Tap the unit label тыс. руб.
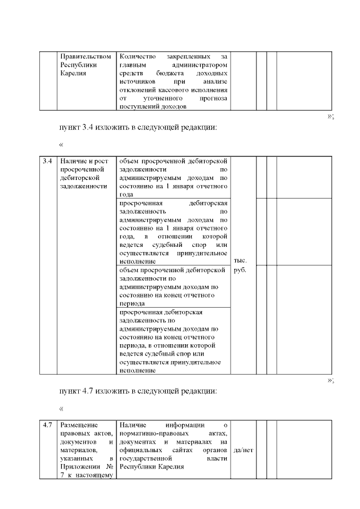click(x=240, y=265)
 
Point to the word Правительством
click(x=85, y=57)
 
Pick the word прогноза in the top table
click(x=213, y=98)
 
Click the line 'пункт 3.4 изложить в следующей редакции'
click(x=138, y=127)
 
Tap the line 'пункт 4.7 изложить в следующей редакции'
click(x=138, y=390)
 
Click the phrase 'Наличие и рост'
click(x=82, y=161)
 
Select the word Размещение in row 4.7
click(x=79, y=425)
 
